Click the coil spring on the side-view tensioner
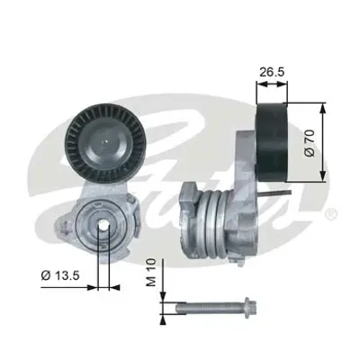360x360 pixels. (216, 225)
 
